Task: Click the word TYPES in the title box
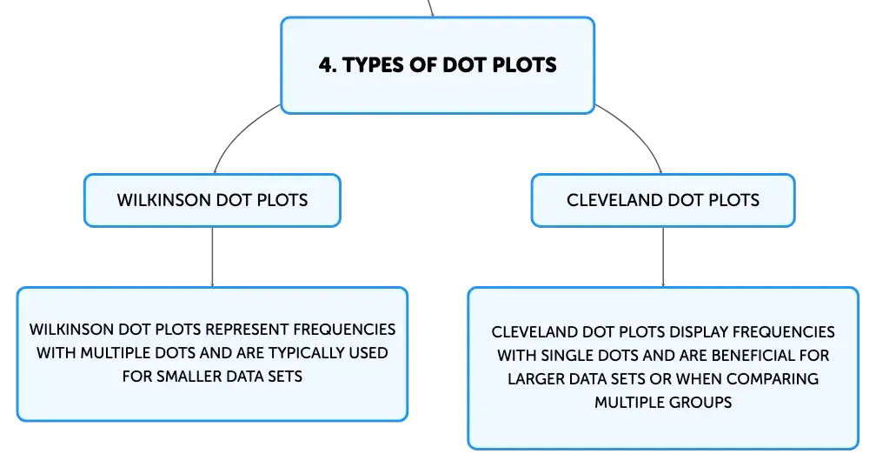click(x=373, y=65)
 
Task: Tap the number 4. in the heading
click(x=328, y=65)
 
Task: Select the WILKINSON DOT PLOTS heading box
click(x=212, y=200)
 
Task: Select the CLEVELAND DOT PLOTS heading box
click(x=663, y=200)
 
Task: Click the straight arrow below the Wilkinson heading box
click(x=212, y=257)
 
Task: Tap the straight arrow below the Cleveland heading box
click(x=663, y=257)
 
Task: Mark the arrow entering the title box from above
click(x=431, y=9)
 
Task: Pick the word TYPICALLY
click(x=309, y=353)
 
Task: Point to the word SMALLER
click(x=186, y=377)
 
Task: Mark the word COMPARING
click(x=773, y=379)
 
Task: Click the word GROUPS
click(x=701, y=403)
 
